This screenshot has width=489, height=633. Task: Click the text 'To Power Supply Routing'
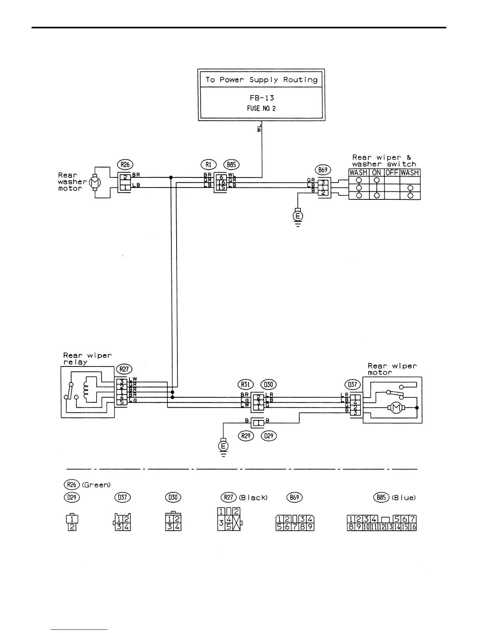[x=261, y=80]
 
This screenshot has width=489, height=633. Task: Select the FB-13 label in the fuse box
[x=261, y=98]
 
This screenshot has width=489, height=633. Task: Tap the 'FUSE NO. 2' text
[x=261, y=108]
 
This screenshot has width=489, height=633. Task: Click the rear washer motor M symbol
[x=95, y=182]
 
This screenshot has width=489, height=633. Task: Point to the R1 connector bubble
[x=208, y=165]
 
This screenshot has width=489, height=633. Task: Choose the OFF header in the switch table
[x=392, y=173]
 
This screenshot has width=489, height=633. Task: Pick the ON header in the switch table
[x=376, y=173]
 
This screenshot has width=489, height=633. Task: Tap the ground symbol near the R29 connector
[x=223, y=446]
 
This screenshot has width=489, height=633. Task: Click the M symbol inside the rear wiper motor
[x=396, y=408]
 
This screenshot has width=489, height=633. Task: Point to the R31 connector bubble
[x=246, y=384]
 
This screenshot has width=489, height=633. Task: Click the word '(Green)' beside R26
[x=96, y=485]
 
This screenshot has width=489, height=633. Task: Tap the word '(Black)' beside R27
[x=253, y=498]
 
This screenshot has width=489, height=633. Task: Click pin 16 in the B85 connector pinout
[x=413, y=527]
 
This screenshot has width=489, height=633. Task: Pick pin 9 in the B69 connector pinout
[x=311, y=527]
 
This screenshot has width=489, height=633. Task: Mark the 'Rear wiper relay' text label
[x=87, y=358]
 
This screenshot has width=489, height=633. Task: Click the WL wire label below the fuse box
[x=259, y=128]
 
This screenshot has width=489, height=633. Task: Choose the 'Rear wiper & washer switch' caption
[x=384, y=161]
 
